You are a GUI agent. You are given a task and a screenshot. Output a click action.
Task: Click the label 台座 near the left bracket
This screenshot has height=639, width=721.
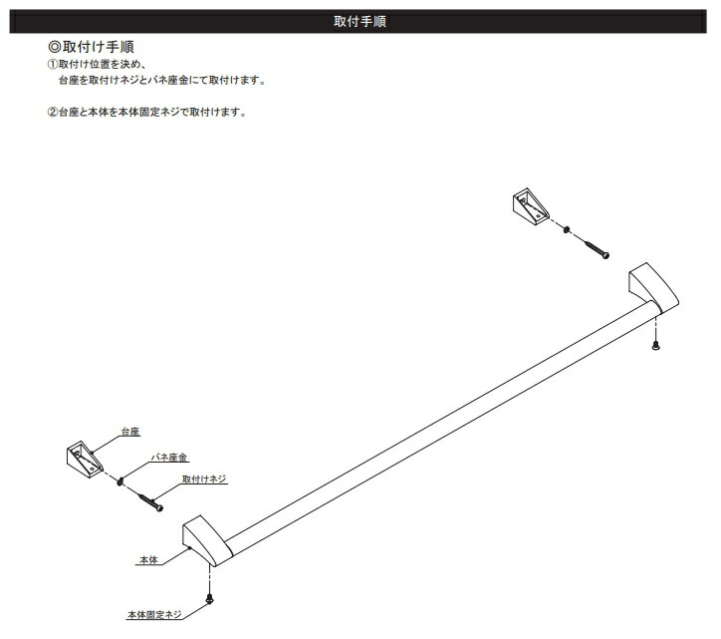click(x=129, y=432)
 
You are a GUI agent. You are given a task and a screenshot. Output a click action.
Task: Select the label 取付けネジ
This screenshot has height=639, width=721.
click(x=204, y=479)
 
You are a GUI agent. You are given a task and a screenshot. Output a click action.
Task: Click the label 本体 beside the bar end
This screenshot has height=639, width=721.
click(x=147, y=562)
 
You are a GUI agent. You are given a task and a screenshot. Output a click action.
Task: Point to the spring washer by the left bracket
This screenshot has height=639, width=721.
click(x=120, y=482)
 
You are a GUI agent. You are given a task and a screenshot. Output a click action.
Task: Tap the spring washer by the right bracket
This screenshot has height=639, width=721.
click(x=566, y=230)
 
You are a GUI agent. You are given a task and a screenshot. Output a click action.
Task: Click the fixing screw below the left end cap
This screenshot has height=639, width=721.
click(x=209, y=598)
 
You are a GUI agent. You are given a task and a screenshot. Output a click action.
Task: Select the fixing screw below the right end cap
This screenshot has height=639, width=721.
click(x=655, y=346)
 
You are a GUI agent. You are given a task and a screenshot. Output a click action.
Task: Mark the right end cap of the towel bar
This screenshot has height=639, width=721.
click(x=651, y=288)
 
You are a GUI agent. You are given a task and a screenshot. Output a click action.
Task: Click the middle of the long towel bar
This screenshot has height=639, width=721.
click(x=428, y=419)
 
